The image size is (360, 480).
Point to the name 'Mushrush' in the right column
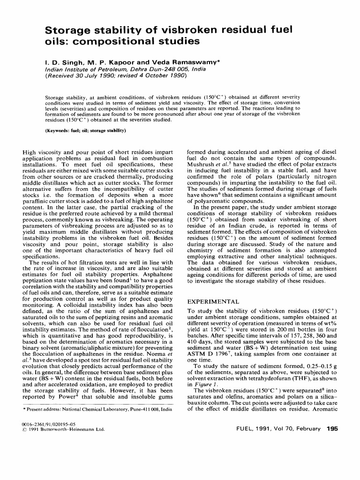tap(201, 164)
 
